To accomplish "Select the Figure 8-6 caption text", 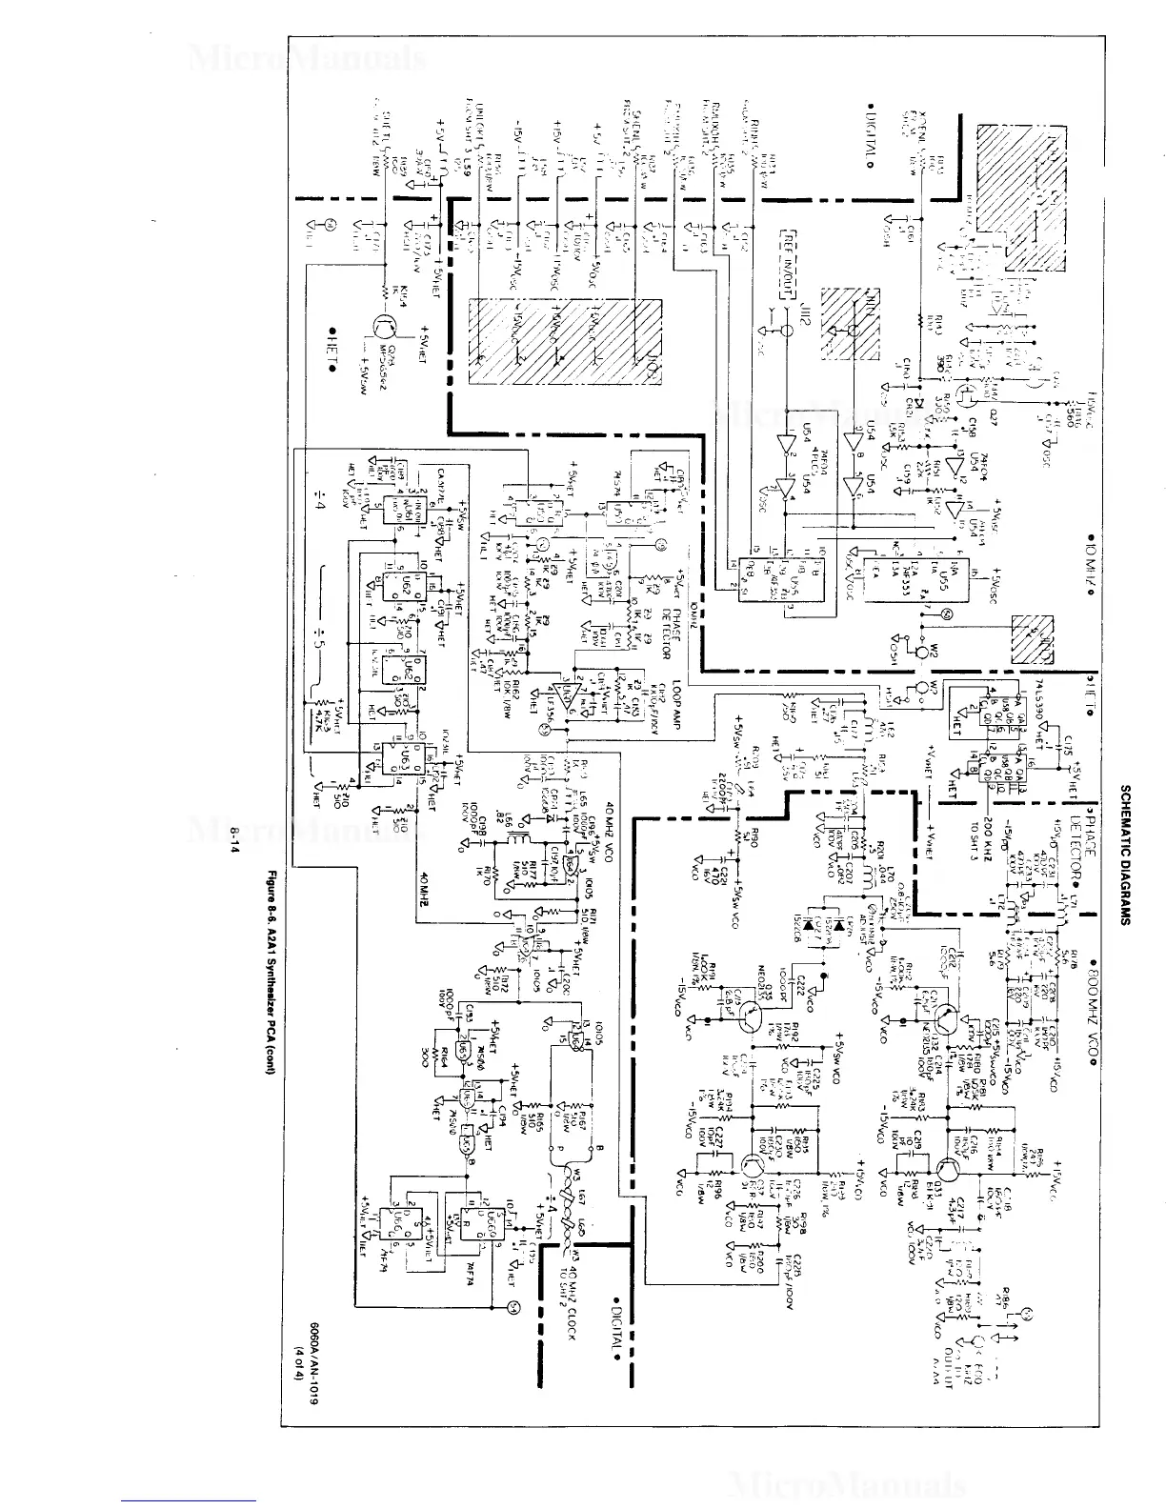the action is pos(270,963).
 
